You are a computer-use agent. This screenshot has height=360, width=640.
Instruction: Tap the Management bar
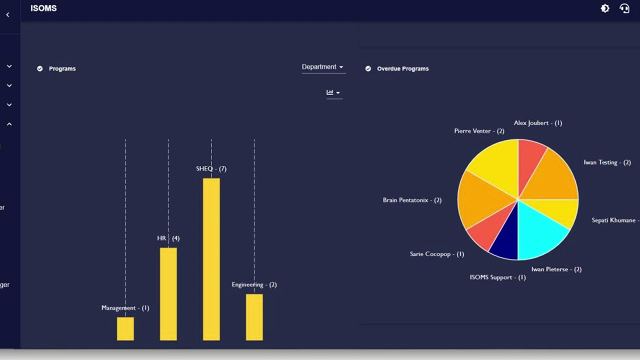(125, 328)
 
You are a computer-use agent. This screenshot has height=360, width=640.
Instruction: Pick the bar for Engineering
(254, 317)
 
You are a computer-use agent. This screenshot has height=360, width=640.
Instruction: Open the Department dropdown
(323, 67)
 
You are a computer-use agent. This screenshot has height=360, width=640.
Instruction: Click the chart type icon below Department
(333, 92)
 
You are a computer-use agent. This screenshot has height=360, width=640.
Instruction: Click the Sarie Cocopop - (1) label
(436, 254)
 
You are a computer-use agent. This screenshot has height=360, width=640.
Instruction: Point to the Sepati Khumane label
(614, 220)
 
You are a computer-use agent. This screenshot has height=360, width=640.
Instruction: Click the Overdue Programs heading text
(402, 68)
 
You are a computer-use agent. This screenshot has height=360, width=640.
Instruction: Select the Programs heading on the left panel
(62, 68)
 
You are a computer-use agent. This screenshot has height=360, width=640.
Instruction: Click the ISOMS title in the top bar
(43, 8)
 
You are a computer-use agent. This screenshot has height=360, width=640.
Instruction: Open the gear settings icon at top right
(605, 8)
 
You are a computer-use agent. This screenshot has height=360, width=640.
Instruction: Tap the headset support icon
(624, 8)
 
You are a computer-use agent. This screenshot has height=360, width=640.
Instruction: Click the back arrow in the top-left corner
(7, 15)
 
